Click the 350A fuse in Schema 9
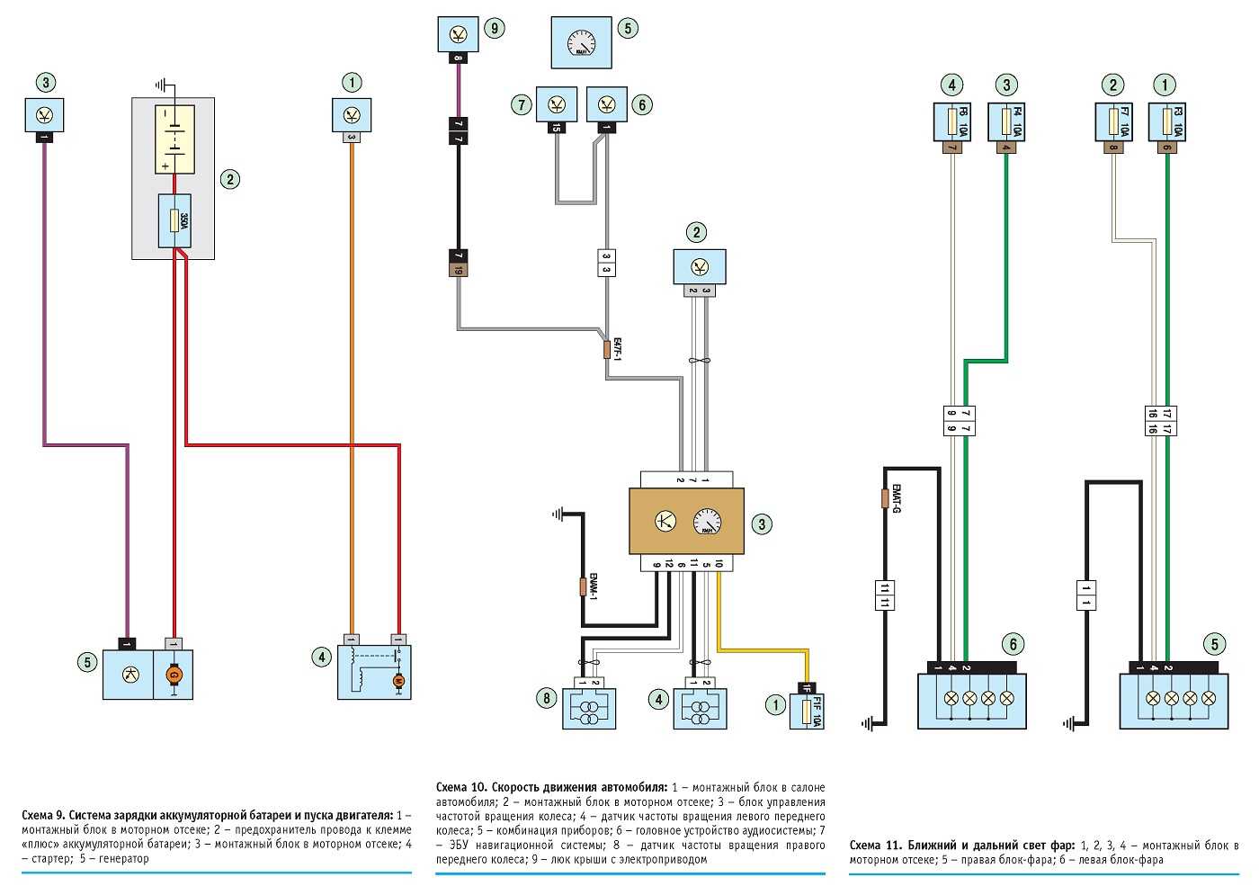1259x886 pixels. coord(174,220)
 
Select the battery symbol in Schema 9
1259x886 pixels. coord(174,139)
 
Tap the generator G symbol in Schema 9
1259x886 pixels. coord(175,674)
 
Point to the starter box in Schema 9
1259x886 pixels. coord(374,672)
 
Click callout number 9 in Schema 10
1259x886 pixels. coord(494,29)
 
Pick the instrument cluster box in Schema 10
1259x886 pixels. coord(581,43)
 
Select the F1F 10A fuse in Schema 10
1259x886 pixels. coord(812,710)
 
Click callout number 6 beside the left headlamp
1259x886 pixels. coord(1013,644)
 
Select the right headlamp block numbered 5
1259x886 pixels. coord(1173,699)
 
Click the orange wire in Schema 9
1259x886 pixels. coord(352,387)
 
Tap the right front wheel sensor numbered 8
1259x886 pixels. coord(589,708)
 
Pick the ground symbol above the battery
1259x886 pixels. coord(163,85)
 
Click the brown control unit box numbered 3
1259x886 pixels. coord(686,522)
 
